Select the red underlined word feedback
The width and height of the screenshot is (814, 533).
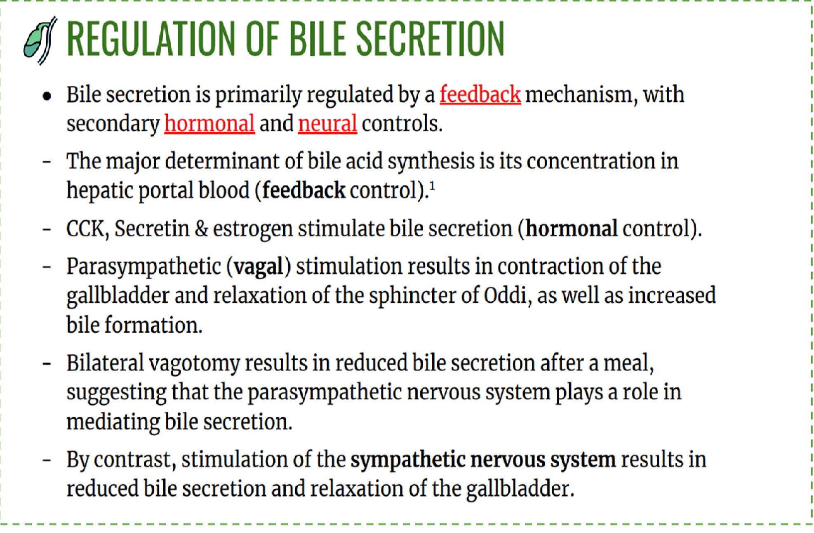coord(480,94)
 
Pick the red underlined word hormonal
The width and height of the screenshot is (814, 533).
coord(209,124)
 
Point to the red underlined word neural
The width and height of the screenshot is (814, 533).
coord(327,124)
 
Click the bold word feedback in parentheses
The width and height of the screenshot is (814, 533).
coord(304,190)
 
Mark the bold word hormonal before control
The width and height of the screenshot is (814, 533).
coord(572,229)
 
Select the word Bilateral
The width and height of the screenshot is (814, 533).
coord(104,363)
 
